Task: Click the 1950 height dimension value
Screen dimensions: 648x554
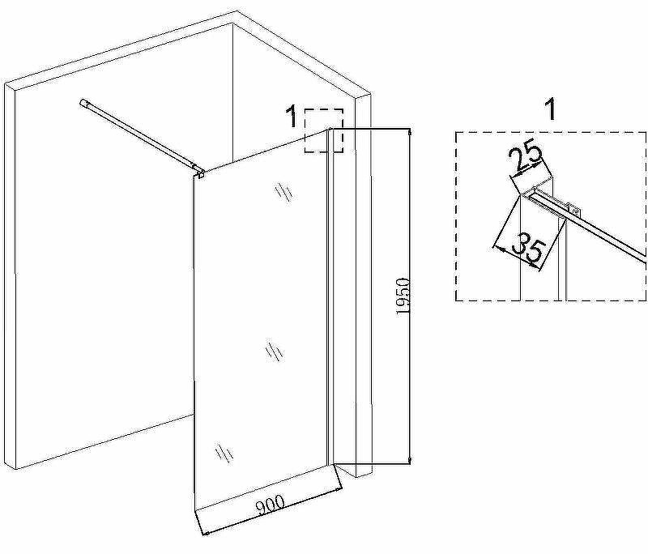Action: click(403, 296)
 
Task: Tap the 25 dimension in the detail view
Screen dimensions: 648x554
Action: click(525, 157)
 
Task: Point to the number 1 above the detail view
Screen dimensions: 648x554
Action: click(550, 109)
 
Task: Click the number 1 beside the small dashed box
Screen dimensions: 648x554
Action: click(292, 116)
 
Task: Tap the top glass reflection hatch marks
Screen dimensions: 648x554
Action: click(283, 192)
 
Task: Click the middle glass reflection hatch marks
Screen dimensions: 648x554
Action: click(274, 352)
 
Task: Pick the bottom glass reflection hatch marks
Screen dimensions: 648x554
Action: click(224, 454)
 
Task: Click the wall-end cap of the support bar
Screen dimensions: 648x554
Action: click(84, 102)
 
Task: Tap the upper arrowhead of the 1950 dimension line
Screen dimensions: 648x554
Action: click(410, 132)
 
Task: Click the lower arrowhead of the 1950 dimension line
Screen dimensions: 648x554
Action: click(410, 460)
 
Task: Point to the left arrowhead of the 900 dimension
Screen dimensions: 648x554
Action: click(205, 533)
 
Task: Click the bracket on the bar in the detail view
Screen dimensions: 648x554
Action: click(573, 209)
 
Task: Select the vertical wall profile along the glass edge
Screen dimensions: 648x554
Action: click(330, 296)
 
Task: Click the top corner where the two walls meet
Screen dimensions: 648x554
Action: click(232, 23)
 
